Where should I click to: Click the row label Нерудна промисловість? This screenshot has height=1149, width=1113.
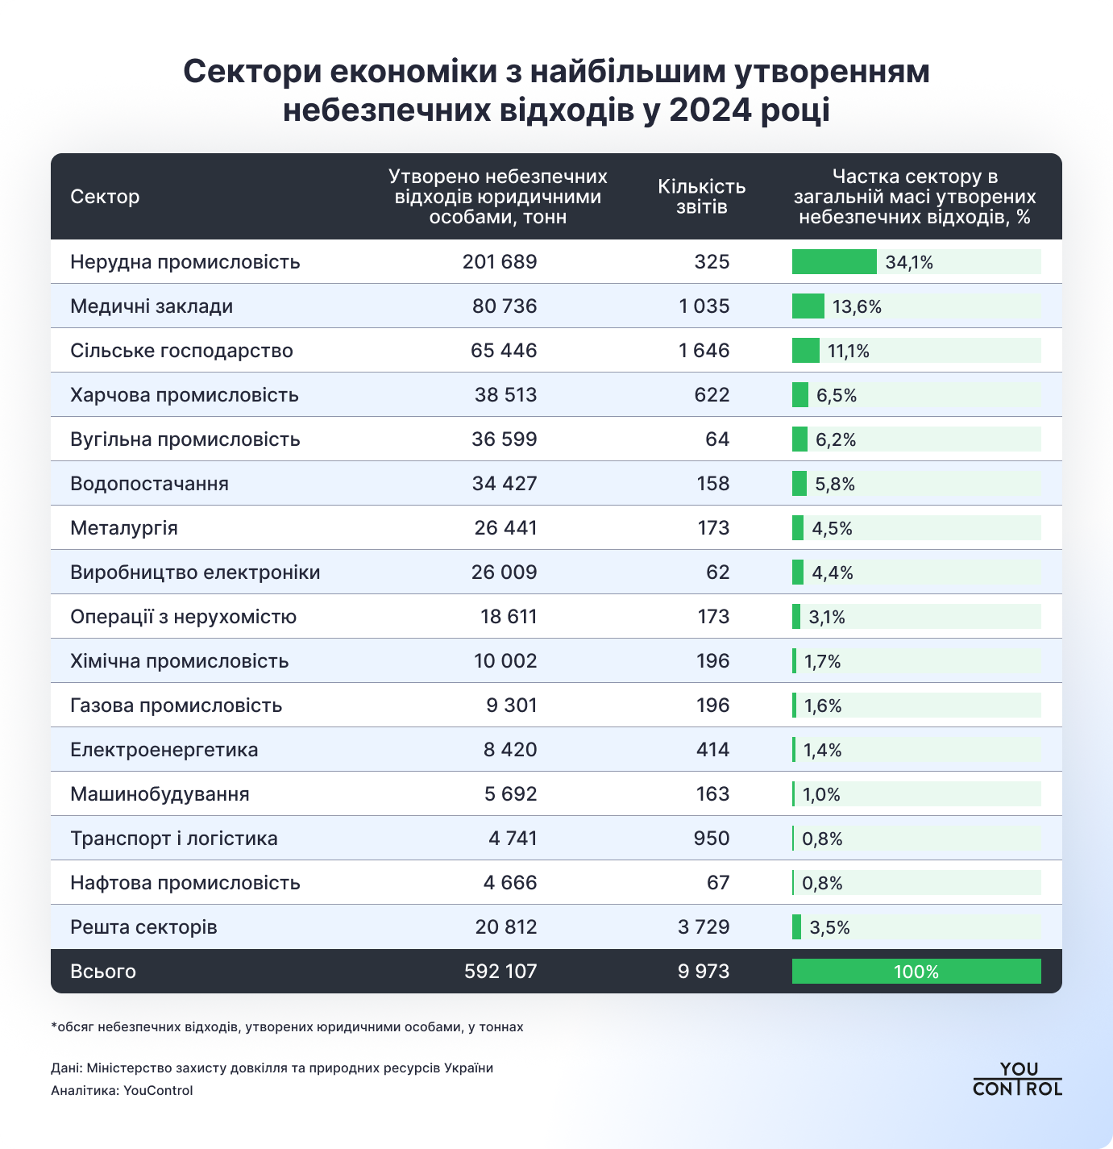pyautogui.click(x=185, y=262)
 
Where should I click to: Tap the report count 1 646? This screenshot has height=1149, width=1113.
pyautogui.click(x=704, y=351)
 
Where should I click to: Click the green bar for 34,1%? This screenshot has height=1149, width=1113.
pyautogui.click(x=833, y=262)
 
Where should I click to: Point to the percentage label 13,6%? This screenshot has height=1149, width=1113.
pyautogui.click(x=857, y=307)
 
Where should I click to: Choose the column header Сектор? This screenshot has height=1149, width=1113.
pyautogui.click(x=105, y=197)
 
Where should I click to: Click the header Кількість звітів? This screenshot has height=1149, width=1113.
pyautogui.click(x=701, y=197)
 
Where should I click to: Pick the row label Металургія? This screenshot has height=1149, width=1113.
pyautogui.click(x=124, y=528)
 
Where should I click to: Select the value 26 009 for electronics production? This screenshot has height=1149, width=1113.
pyautogui.click(x=504, y=572)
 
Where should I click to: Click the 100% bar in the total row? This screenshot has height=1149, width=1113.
pyautogui.click(x=916, y=972)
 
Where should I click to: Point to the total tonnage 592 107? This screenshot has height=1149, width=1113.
pyautogui.click(x=500, y=972)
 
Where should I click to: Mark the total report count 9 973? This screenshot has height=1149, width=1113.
pyautogui.click(x=703, y=972)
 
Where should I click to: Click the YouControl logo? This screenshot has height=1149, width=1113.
pyautogui.click(x=1017, y=1079)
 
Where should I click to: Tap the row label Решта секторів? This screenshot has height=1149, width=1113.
pyautogui.click(x=143, y=927)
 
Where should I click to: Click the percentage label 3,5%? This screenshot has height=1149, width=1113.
pyautogui.click(x=829, y=928)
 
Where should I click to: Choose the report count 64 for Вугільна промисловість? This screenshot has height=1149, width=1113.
pyautogui.click(x=716, y=439)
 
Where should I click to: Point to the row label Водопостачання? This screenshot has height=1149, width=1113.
pyautogui.click(x=149, y=484)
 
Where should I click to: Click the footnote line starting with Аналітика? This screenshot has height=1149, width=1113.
pyautogui.click(x=122, y=1091)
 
